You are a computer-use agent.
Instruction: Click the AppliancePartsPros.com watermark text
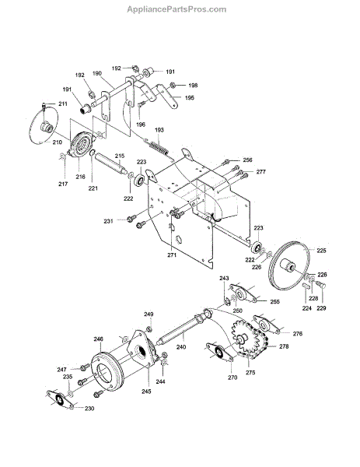tap(177, 9)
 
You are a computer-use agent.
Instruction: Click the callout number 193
tap(159, 130)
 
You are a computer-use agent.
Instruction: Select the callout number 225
tap(321, 251)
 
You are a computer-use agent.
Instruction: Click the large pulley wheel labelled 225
tap(289, 265)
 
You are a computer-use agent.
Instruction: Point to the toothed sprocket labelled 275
tap(243, 339)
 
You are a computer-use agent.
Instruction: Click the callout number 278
tap(284, 346)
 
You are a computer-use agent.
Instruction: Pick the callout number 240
tap(181, 347)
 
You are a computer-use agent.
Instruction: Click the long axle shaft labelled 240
tap(183, 327)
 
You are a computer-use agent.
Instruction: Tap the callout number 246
tap(99, 339)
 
